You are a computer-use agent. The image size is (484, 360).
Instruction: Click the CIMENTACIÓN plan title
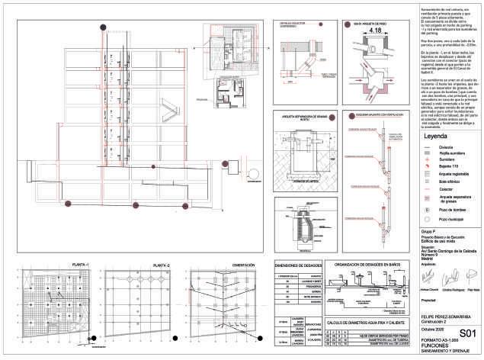(x=232, y=265)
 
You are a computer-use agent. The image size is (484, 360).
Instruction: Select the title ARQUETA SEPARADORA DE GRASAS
(x=301, y=117)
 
